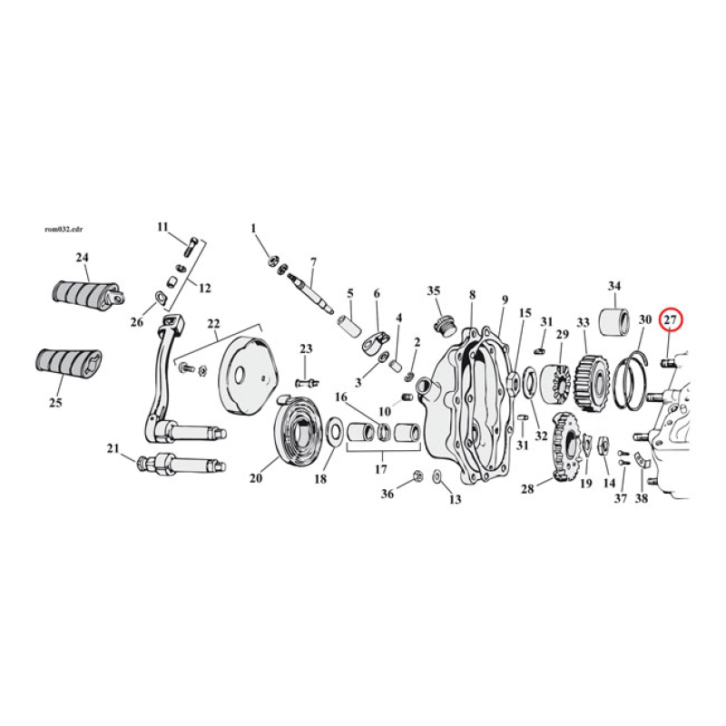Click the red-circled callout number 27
tap(671, 319)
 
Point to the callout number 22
tap(213, 323)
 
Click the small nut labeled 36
tap(416, 476)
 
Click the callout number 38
tap(643, 498)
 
